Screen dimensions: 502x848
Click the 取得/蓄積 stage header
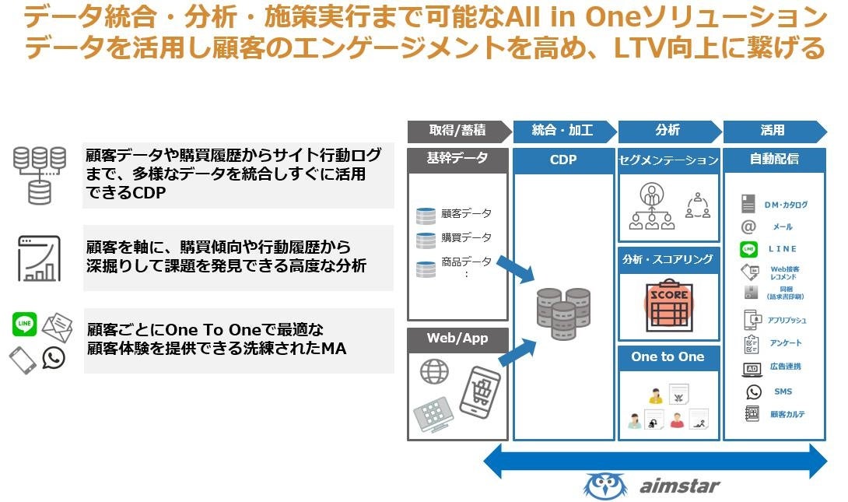pos(457,131)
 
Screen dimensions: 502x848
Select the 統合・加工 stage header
pos(562,131)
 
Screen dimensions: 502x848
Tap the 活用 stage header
pos(772,131)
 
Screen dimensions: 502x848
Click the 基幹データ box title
pos(457,159)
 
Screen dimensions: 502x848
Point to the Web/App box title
pos(457,339)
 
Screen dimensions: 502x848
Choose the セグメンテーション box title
pos(668,160)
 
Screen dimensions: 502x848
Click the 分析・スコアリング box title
pos(668,260)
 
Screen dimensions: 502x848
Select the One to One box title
pos(668,357)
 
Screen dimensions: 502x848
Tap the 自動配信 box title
pos(774,160)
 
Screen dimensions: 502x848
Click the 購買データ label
pos(466,237)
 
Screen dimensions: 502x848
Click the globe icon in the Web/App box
pos(434,370)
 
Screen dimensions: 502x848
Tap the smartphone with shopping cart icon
pos(479,391)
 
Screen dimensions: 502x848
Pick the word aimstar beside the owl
pos(680,486)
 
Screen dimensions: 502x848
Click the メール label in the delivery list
pos(783,227)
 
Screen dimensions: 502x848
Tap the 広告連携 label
pos(785,367)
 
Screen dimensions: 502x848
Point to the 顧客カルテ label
pos(787,415)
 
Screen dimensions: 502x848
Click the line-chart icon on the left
pos(39,258)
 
